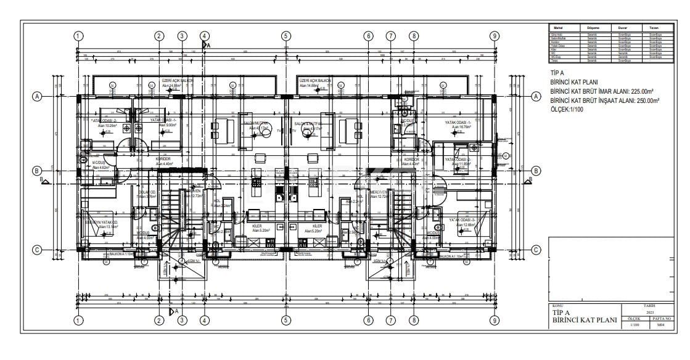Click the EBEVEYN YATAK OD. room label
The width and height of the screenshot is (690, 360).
pyautogui.click(x=101, y=222)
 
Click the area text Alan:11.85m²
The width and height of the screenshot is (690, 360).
pyautogui.click(x=458, y=164)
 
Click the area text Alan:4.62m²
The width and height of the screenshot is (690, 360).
pyautogui.click(x=100, y=167)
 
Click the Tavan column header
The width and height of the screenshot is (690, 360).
pyautogui.click(x=654, y=28)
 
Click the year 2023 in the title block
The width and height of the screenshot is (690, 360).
pyautogui.click(x=648, y=312)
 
